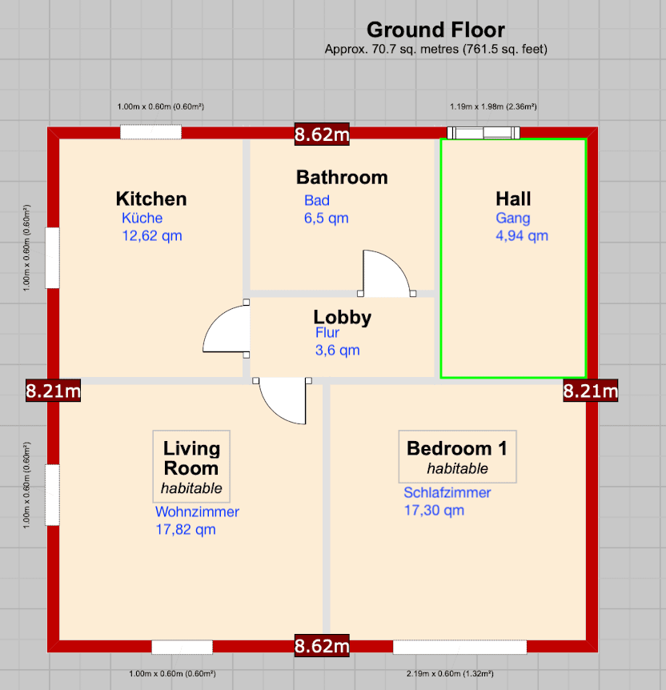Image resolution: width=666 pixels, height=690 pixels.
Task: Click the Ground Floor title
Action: click(x=435, y=30)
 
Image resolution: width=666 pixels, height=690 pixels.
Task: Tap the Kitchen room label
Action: click(x=151, y=199)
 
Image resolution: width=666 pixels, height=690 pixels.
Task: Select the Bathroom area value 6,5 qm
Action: click(x=326, y=218)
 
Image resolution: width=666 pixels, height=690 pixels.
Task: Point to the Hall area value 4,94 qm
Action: click(x=522, y=235)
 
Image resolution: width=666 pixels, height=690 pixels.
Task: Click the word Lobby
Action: click(x=343, y=318)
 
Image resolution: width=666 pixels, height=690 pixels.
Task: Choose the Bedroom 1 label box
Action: click(x=458, y=457)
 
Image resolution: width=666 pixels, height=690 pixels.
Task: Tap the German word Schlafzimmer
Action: click(x=447, y=492)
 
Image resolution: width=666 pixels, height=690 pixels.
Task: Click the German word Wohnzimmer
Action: click(x=197, y=511)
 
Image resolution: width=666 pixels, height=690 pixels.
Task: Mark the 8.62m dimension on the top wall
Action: click(x=322, y=134)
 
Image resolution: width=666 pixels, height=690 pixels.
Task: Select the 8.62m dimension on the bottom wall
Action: click(x=322, y=645)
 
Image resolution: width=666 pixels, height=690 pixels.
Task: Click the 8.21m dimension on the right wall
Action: click(x=591, y=391)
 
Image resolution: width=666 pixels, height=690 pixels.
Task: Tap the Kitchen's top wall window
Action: click(x=150, y=133)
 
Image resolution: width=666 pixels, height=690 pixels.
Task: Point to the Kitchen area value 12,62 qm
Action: click(x=152, y=235)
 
